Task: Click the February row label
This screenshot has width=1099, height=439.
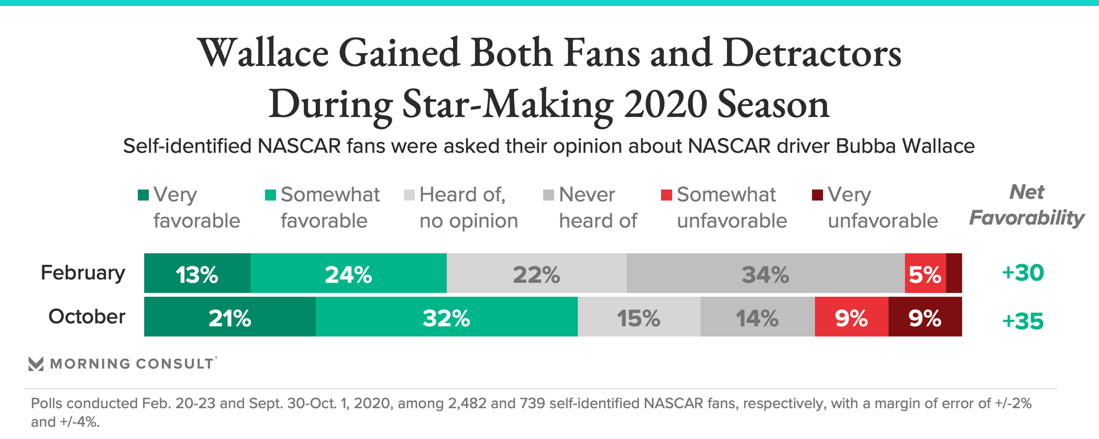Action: [x=83, y=273]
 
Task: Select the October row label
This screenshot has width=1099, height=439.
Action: [x=87, y=317]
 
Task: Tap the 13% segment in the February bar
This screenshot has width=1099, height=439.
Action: [x=197, y=274]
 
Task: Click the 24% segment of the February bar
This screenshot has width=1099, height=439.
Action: [x=349, y=274]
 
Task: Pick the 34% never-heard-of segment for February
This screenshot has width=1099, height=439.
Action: [x=765, y=274]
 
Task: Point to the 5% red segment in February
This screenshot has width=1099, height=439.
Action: [x=925, y=274]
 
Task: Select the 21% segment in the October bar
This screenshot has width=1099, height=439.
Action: [x=230, y=317]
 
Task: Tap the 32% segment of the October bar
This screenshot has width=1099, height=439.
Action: [x=446, y=317]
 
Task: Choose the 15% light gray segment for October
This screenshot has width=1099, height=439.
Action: [x=639, y=317]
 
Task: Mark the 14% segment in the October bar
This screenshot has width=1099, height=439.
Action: [x=757, y=317]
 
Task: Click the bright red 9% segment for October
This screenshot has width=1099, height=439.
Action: [x=851, y=317]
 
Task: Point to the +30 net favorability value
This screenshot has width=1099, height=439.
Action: [x=1023, y=273]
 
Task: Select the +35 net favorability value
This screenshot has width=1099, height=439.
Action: [x=1023, y=321]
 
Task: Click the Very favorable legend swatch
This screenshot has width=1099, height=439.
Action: [x=144, y=195]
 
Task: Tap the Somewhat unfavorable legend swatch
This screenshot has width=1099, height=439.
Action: [x=666, y=195]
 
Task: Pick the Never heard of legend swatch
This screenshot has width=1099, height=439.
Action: [x=548, y=195]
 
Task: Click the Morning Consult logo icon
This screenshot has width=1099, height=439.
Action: [x=36, y=364]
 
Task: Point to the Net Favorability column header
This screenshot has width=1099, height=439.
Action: [x=1027, y=205]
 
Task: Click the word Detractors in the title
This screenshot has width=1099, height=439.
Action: [x=812, y=53]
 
